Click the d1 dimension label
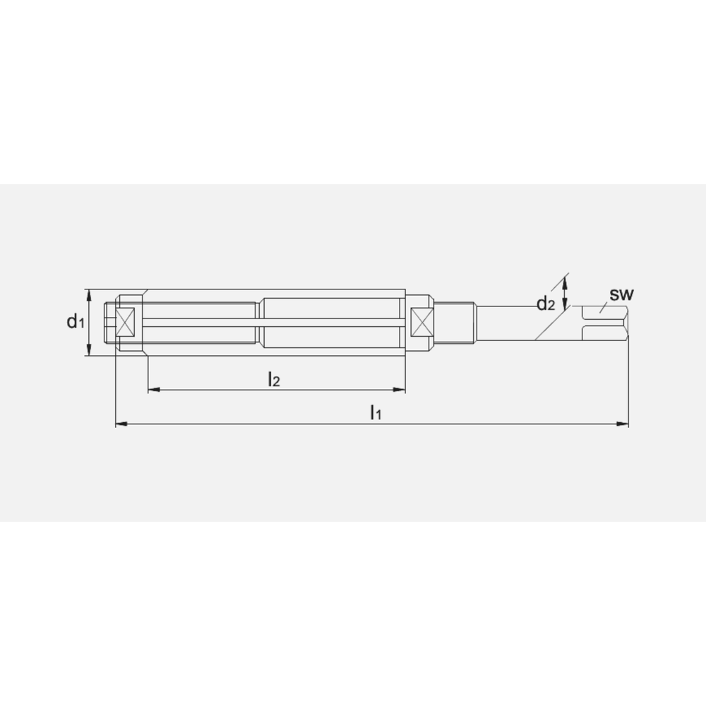[76, 321]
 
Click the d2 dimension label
[546, 304]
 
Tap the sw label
[621, 294]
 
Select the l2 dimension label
[274, 379]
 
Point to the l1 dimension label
[376, 412]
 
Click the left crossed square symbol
[125, 322]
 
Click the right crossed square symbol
[421, 322]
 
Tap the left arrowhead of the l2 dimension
[154, 390]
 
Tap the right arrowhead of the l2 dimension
[400, 390]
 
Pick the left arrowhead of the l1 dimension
[121, 424]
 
